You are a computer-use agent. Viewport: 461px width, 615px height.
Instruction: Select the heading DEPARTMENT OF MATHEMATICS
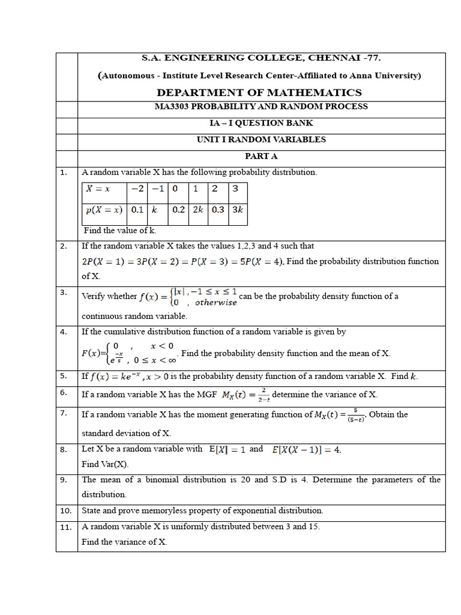[259, 92]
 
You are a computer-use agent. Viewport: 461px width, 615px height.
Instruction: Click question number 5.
[63, 376]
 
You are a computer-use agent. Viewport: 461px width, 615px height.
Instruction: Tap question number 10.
[65, 511]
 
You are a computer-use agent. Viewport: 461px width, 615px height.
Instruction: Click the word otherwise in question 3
[216, 303]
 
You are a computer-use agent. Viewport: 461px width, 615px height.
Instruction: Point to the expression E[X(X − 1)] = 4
[306, 449]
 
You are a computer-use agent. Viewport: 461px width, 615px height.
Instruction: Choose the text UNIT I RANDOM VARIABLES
[261, 139]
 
